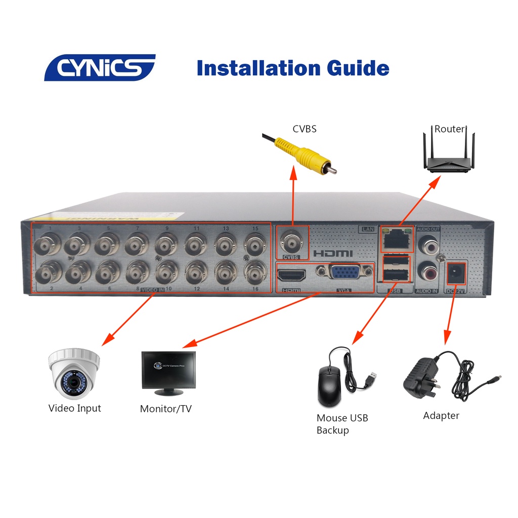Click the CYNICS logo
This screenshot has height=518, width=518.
coord(100,68)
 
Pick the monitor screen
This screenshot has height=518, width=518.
coord(168,371)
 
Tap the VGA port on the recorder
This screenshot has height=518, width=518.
coord(344,273)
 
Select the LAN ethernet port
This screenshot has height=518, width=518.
coord(397,239)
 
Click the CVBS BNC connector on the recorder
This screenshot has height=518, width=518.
coord(291,242)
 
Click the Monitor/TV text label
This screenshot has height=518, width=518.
coord(165,409)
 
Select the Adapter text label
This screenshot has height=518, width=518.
coord(441,416)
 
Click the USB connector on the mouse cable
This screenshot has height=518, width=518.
coord(373,377)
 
